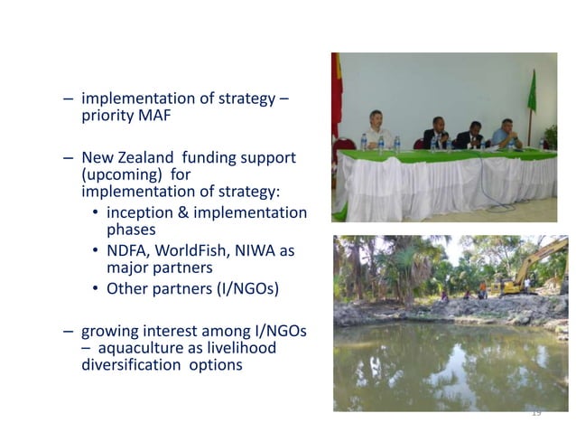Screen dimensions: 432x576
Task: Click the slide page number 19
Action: point(535,412)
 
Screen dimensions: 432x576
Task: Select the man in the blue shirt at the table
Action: point(506,134)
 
